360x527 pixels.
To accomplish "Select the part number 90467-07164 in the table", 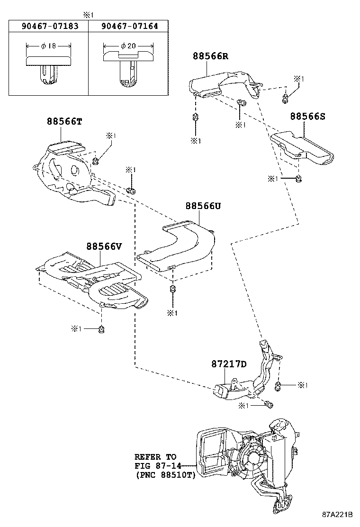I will (x=129, y=27).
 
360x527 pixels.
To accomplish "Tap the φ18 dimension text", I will (x=48, y=46).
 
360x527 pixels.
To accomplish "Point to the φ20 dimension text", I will (x=128, y=46).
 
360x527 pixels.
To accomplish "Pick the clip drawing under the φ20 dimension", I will (x=128, y=69).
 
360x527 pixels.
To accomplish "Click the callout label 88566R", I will (x=210, y=56).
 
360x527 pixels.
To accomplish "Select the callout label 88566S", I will (x=308, y=116).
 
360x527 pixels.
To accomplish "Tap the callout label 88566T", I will (x=64, y=121).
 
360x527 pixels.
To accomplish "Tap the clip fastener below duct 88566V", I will (x=102, y=328).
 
